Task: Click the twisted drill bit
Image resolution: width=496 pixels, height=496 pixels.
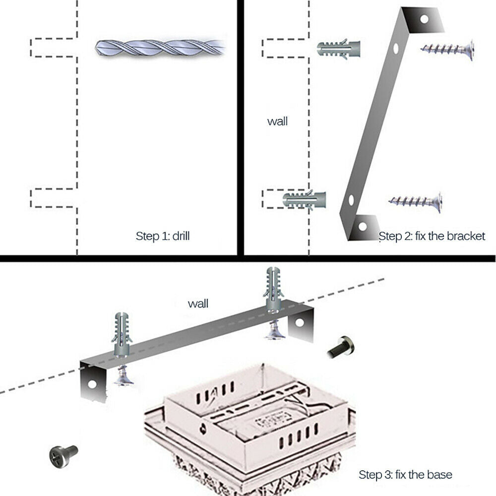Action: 160,48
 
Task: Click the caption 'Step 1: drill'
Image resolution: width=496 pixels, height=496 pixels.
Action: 162,236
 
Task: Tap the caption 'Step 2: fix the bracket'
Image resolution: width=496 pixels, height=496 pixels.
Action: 432,236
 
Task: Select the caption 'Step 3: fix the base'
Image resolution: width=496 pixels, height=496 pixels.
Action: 405,474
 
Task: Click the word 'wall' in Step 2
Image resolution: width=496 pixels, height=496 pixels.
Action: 277,122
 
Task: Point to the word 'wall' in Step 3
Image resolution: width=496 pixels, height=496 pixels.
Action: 198,304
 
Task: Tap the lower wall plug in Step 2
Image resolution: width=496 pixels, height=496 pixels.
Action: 304,199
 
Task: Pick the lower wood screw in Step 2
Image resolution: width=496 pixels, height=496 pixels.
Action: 416,200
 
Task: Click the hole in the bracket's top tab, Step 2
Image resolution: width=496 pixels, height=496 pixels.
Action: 424,19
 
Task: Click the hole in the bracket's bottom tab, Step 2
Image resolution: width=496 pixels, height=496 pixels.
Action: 363,227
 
